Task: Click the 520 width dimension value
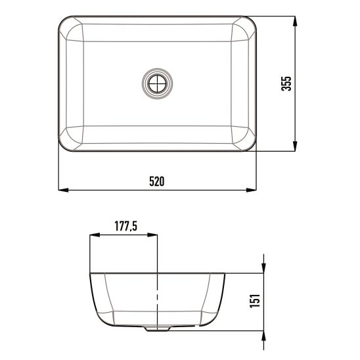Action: [x=156, y=181]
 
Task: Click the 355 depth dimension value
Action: [x=286, y=83]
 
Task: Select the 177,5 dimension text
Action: [x=125, y=227]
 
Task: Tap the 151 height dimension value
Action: [x=256, y=300]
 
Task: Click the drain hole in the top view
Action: [x=158, y=83]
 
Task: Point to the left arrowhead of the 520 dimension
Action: [x=64, y=191]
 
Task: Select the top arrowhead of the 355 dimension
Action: [x=295, y=20]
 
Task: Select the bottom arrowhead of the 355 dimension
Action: [x=295, y=146]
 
